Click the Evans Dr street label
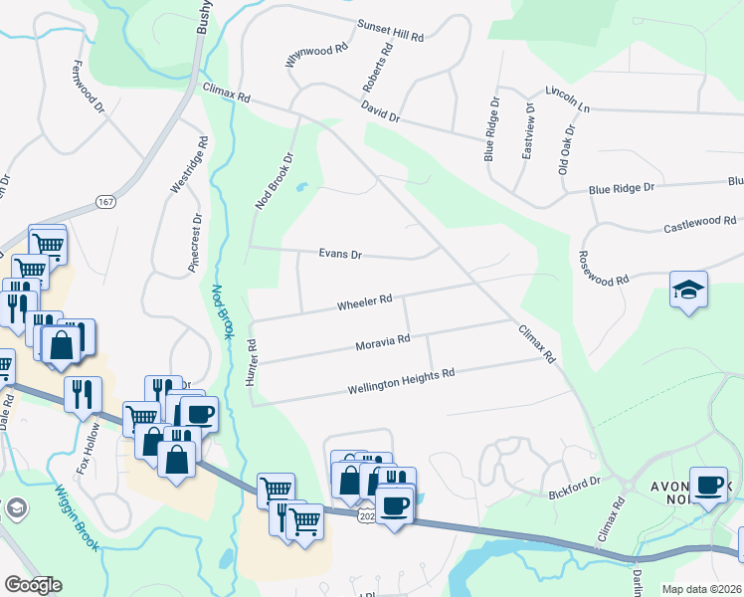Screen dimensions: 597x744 (340, 254)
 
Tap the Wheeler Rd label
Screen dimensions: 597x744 (365, 298)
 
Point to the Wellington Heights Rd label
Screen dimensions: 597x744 (401, 382)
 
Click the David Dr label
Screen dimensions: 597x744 (380, 115)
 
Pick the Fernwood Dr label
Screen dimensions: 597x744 (89, 86)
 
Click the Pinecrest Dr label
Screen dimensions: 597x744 (195, 243)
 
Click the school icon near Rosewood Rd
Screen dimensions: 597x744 (688, 290)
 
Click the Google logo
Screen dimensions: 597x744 (33, 585)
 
